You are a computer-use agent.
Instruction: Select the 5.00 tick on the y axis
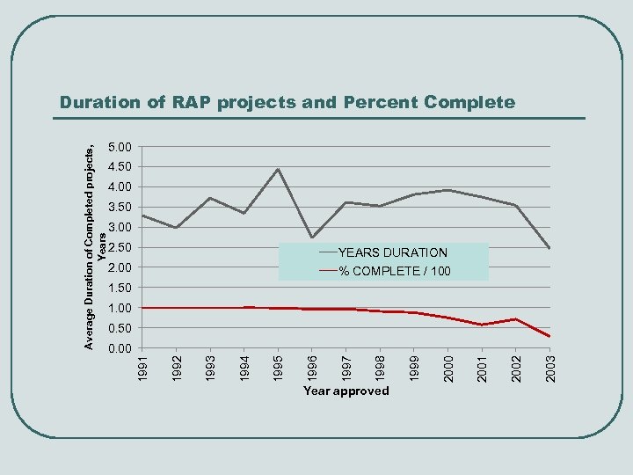click(x=120, y=147)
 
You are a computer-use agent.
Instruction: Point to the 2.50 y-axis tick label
click(x=120, y=248)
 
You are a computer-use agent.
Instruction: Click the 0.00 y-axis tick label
click(x=120, y=349)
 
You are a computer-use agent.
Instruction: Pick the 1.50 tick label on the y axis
click(x=120, y=289)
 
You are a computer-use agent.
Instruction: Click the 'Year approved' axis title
click(x=346, y=391)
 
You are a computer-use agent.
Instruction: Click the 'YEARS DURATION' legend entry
click(x=392, y=252)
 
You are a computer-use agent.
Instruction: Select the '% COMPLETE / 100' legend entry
click(x=395, y=271)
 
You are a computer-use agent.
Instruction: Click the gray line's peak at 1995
click(x=278, y=169)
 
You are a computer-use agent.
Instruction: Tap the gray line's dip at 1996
click(x=312, y=237)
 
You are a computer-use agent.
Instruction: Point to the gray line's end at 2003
click(x=549, y=249)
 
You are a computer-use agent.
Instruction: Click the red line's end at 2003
click(x=549, y=337)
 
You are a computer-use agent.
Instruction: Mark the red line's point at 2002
click(x=516, y=319)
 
